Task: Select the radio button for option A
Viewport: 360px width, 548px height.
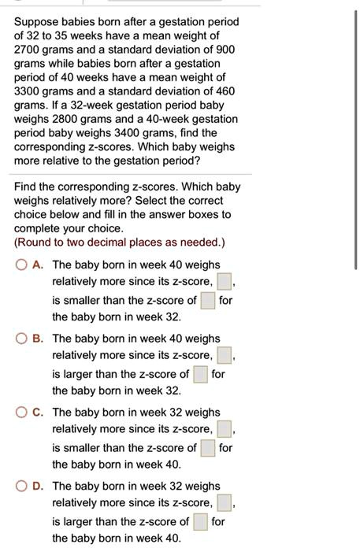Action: [22, 265]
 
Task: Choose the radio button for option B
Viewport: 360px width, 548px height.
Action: [22, 339]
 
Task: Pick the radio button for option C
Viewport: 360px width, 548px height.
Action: [22, 412]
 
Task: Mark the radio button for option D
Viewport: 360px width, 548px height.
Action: [22, 486]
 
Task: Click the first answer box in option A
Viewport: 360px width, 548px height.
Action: [225, 281]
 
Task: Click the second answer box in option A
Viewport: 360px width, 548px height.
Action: [207, 300]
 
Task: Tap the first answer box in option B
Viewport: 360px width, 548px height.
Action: [225, 355]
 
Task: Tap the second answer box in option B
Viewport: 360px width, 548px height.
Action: [199, 374]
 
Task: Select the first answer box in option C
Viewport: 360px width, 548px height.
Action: [225, 428]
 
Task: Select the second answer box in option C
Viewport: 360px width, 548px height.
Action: [207, 448]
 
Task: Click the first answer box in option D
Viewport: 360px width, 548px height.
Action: [225, 502]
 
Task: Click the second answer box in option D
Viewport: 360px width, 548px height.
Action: [199, 521]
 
